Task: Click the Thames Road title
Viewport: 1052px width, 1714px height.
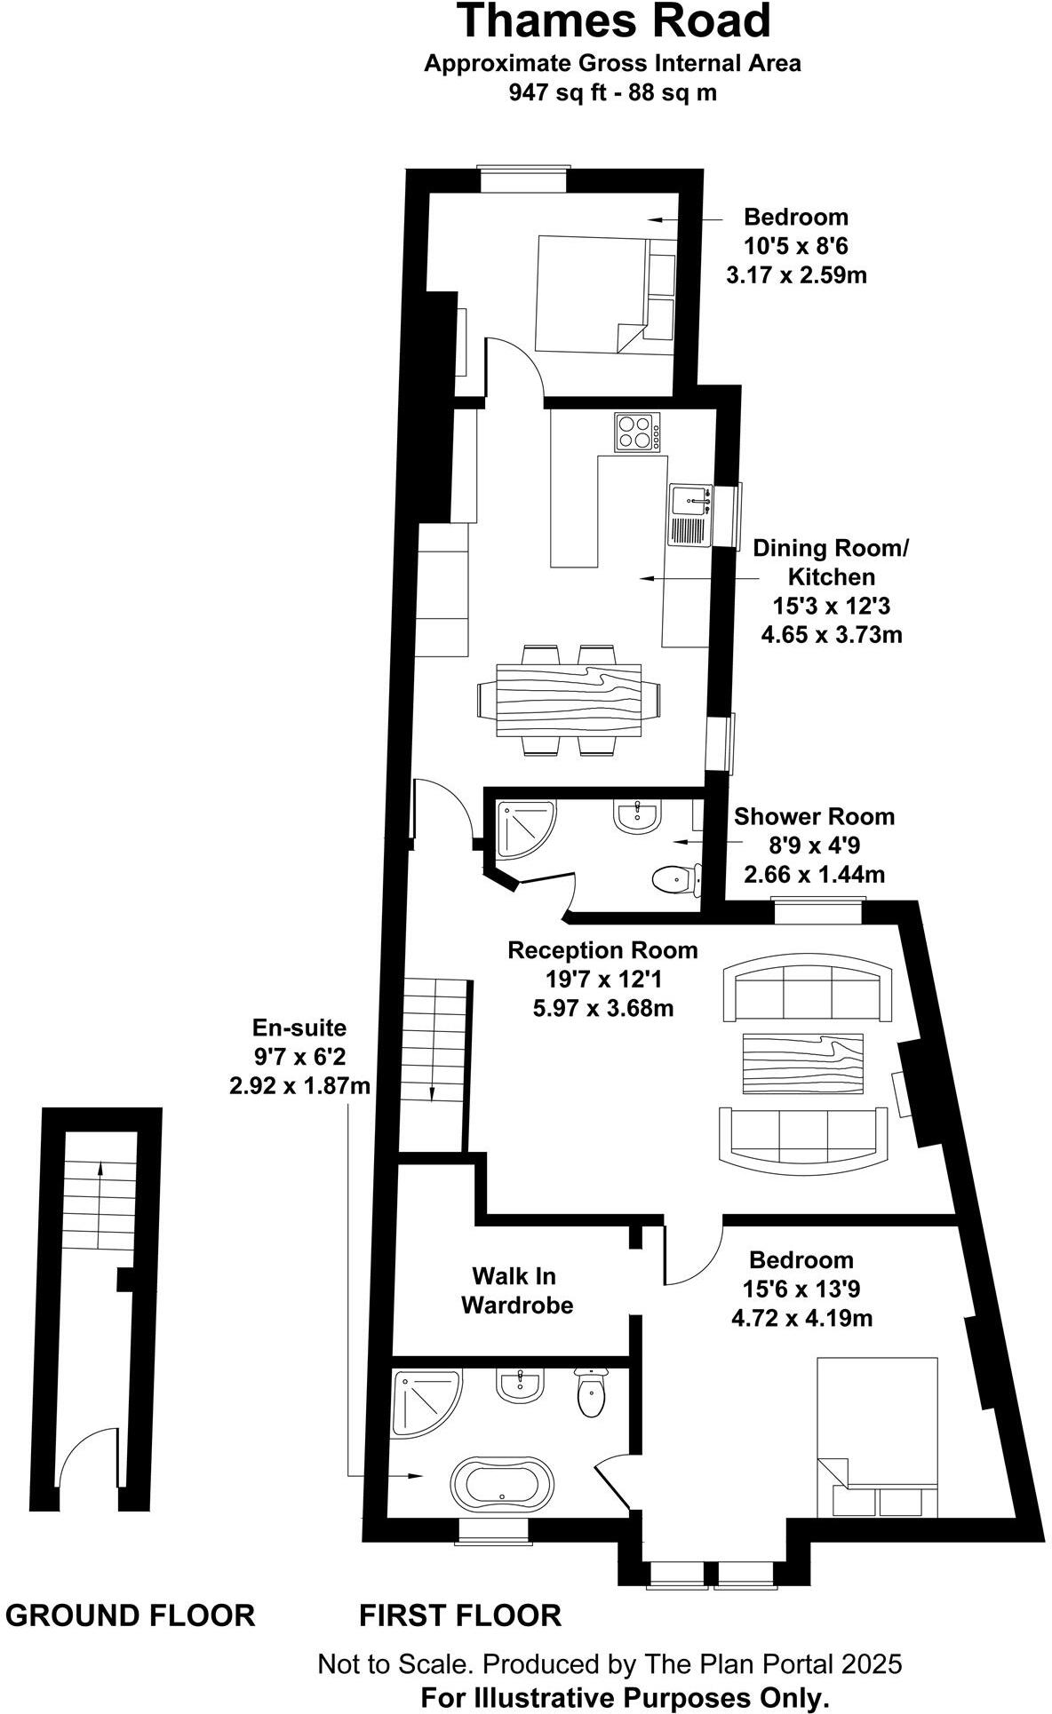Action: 613,21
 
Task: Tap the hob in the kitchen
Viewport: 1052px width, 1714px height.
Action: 636,432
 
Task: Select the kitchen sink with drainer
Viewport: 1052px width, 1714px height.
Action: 689,516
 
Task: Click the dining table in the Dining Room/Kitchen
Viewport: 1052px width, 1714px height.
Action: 570,700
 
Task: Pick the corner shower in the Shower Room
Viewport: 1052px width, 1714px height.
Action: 524,828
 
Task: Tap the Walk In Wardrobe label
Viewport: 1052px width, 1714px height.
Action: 517,1290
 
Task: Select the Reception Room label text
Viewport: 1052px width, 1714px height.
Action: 602,950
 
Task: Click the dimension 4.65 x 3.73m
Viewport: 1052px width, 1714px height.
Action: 832,635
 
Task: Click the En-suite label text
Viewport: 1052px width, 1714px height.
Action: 299,1028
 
